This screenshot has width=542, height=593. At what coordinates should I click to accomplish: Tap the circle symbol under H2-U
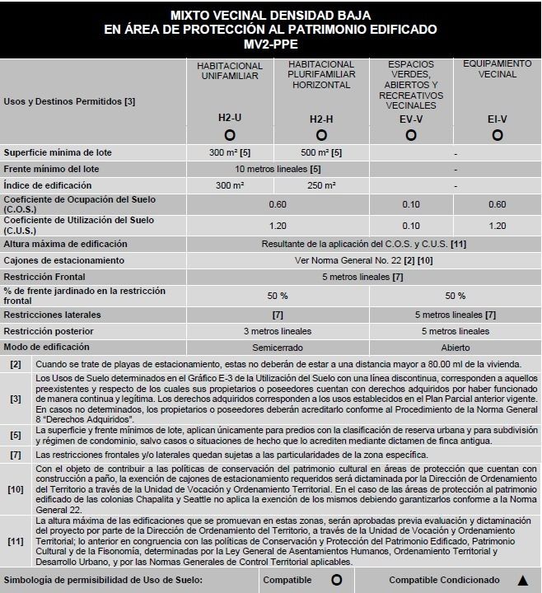230,134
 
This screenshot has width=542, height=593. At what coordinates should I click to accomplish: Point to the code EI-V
497,119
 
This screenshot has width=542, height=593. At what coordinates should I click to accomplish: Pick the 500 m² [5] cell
321,153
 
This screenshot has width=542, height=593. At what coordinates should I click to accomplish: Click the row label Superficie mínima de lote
58,153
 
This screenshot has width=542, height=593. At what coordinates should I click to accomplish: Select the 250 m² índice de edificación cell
321,185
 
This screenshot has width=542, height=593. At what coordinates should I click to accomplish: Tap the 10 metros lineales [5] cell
277,169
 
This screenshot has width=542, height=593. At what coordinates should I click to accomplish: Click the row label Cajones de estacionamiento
64,260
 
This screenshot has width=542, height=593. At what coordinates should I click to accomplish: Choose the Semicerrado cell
277,347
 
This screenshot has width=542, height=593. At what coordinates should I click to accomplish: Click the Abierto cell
455,347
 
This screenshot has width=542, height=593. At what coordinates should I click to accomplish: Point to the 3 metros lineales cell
277,331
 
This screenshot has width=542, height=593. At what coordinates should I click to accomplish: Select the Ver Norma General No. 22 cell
362,260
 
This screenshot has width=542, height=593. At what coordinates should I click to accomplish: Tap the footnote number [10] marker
16,488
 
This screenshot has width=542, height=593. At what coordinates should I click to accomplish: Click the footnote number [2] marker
16,364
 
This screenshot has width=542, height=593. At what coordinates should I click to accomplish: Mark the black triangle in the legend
521,580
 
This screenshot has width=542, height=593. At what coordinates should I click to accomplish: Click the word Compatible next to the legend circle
287,580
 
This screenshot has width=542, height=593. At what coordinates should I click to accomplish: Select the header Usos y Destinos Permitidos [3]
58,102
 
